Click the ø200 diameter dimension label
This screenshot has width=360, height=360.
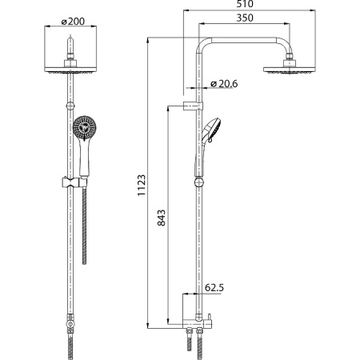pos(73,22)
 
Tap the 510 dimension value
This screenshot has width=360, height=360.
pos(245,4)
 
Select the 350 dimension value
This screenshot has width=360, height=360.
pos(245,18)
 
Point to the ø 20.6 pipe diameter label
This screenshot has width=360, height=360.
pos(224,84)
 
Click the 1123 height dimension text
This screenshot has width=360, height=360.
pos(142,186)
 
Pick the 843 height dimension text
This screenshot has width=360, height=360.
pos(161,218)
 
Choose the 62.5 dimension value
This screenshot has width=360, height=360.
pos(214,288)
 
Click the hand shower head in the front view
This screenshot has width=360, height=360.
pos(85,127)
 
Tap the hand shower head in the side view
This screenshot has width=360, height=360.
pos(212,130)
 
